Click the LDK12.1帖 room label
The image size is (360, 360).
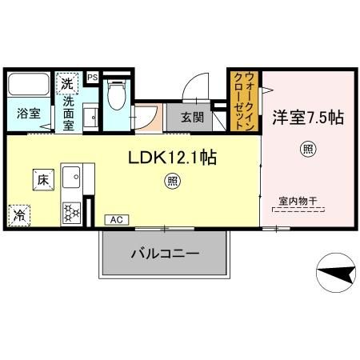click(x=171, y=158)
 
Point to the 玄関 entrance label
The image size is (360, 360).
click(x=192, y=118)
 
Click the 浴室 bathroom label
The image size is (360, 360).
click(x=29, y=113)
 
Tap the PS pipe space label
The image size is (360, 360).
click(x=93, y=77)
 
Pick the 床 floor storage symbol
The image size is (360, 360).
click(x=42, y=178)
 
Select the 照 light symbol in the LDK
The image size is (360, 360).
click(x=171, y=182)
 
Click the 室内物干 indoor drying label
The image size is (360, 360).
click(x=298, y=201)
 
